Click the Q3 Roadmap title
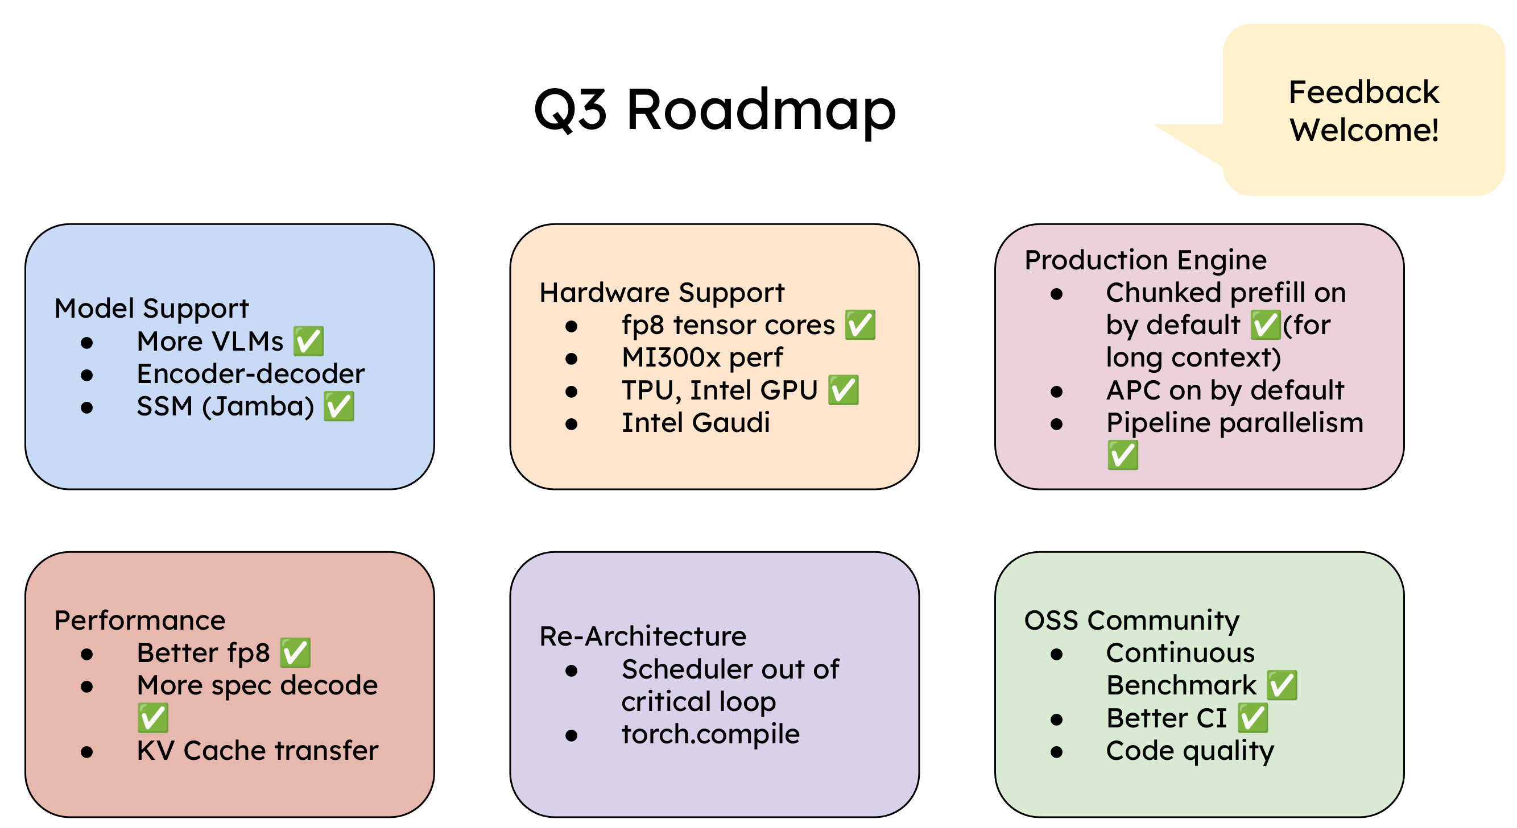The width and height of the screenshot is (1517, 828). (x=714, y=110)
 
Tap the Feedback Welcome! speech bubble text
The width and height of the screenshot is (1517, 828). (x=1363, y=111)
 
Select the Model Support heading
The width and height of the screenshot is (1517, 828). (x=151, y=309)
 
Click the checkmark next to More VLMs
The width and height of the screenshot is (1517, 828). (x=309, y=342)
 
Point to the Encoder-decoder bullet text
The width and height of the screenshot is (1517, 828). (x=250, y=374)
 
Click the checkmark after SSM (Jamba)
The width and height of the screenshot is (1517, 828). (x=339, y=406)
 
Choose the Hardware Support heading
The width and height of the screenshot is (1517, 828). (x=662, y=293)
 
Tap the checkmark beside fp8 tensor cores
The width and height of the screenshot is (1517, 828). (x=860, y=325)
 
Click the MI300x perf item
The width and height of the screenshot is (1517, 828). (x=702, y=357)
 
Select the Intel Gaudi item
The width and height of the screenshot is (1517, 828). (x=696, y=423)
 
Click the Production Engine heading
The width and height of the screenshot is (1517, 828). (x=1146, y=260)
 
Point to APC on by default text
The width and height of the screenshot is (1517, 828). (x=1225, y=390)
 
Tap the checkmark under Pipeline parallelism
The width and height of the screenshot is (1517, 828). (x=1122, y=455)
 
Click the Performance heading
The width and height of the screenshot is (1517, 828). (x=139, y=620)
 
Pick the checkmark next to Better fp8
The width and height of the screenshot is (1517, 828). (x=295, y=652)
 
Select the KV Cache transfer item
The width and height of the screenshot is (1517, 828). (x=257, y=750)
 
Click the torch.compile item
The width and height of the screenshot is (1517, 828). (x=710, y=734)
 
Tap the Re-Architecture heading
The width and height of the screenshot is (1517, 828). (x=643, y=636)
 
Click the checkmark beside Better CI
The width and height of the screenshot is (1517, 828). (x=1252, y=718)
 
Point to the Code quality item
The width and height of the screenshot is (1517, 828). (x=1189, y=750)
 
